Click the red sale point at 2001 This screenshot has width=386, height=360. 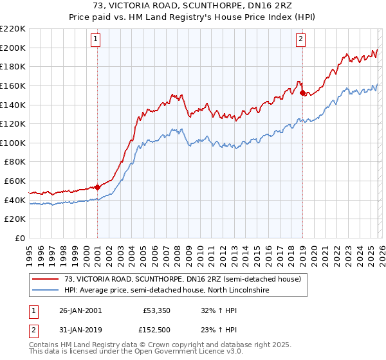click(x=97, y=187)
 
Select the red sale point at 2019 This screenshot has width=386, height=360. click(x=302, y=93)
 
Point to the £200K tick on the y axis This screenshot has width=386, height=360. click(x=14, y=48)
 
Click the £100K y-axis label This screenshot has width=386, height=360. click(x=14, y=143)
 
